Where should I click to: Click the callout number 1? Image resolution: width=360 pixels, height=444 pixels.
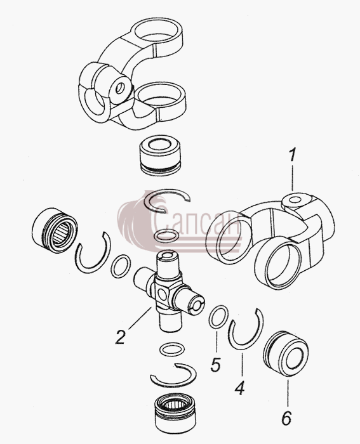click(x=292, y=156)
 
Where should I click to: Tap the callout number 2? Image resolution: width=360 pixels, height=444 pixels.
click(x=121, y=337)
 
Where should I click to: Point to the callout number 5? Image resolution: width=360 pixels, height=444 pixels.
click(x=216, y=364)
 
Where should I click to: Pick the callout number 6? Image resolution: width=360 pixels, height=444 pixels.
click(x=286, y=417)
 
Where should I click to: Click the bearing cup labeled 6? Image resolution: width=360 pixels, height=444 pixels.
click(x=286, y=355)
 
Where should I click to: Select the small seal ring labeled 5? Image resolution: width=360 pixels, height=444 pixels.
click(x=218, y=317)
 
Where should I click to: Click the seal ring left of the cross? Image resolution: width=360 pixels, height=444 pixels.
click(x=121, y=266)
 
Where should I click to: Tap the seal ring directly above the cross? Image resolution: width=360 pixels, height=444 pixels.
click(x=166, y=236)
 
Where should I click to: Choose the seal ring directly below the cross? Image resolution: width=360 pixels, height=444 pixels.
click(x=173, y=349)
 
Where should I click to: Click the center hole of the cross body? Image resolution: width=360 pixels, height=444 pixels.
click(x=161, y=294)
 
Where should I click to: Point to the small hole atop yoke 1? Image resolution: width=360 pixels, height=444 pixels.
click(x=295, y=200)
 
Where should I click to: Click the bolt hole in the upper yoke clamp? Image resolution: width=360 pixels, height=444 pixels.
click(x=120, y=88)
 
